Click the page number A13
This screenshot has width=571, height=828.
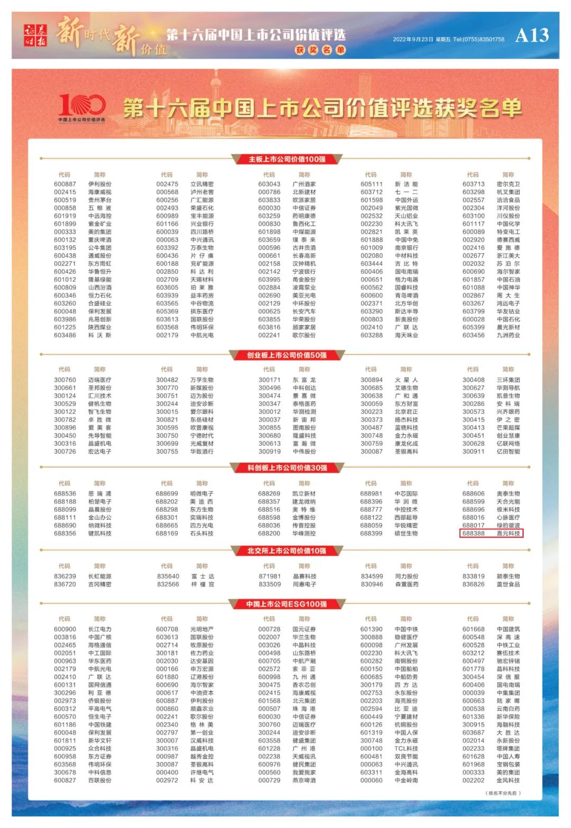[x=532, y=35]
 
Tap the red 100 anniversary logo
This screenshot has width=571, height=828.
[x=82, y=107]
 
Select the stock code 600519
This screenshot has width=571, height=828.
[x=65, y=200]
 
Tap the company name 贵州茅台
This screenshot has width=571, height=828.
[x=100, y=200]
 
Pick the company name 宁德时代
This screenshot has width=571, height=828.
[x=202, y=436]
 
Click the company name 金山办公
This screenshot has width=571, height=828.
[x=100, y=518]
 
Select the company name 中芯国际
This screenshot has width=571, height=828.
[x=406, y=494]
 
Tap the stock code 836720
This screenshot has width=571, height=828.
[x=65, y=584]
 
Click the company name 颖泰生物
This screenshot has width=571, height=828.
[x=508, y=576]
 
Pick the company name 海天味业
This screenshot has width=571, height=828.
[x=406, y=335]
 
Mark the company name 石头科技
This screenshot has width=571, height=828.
[x=202, y=533]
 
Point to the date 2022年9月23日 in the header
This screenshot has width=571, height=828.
[x=413, y=39]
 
